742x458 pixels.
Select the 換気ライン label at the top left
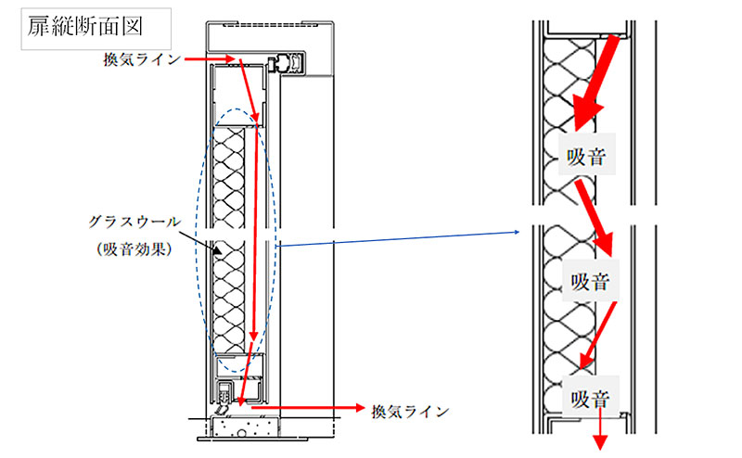pyautogui.click(x=141, y=59)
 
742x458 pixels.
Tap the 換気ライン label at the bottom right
pyautogui.click(x=409, y=410)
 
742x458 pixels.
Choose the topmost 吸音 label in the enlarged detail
pyautogui.click(x=587, y=159)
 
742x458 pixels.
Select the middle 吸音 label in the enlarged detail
pyautogui.click(x=591, y=281)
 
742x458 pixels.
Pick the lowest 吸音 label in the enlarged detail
pyautogui.click(x=589, y=400)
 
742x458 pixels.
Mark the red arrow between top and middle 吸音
pyautogui.click(x=594, y=219)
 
